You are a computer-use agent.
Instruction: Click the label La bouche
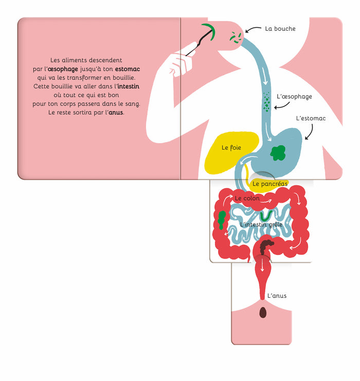[x=280, y=29]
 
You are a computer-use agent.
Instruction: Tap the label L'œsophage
[x=294, y=96]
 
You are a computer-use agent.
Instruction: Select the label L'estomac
[x=311, y=118]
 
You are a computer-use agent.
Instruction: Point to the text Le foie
[x=231, y=148]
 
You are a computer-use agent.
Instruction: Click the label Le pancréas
[x=269, y=184]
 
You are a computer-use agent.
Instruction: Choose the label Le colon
[x=247, y=198]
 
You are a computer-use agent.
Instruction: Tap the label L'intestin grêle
[x=261, y=224]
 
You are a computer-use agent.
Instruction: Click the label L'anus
[x=277, y=296]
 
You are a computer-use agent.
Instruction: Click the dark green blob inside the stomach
[x=278, y=153]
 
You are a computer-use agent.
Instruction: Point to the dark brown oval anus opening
[x=263, y=312]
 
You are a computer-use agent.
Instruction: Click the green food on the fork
[x=209, y=30]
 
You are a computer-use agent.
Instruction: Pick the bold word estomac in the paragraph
[x=128, y=68]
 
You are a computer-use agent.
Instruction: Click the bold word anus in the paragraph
[x=116, y=112]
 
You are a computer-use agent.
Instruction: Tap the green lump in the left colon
[x=221, y=220]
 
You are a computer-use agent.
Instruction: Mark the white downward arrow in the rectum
[x=263, y=266]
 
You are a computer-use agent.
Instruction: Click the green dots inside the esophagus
[x=266, y=101]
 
